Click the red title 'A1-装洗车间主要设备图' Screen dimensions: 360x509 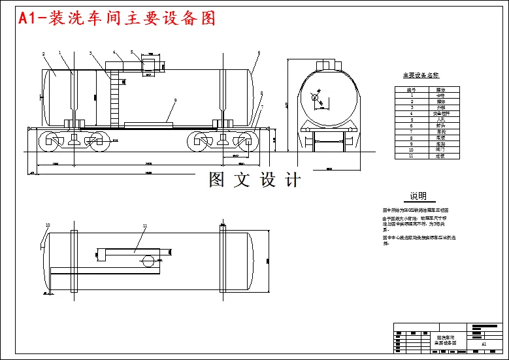[118, 19]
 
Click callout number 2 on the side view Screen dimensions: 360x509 [43, 54]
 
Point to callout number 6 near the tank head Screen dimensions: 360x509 [259, 52]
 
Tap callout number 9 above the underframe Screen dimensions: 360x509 [175, 100]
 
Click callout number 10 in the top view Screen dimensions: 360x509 [46, 225]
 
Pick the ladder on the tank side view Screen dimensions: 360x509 [116, 98]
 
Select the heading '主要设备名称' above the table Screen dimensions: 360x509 [421, 76]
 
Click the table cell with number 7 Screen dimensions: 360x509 [412, 132]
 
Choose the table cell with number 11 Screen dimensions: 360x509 [412, 156]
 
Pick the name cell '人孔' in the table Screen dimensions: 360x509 [440, 120]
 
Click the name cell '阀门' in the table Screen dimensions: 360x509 [440, 150]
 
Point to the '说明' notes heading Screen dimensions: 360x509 [418, 196]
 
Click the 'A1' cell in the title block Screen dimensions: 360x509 [484, 343]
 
